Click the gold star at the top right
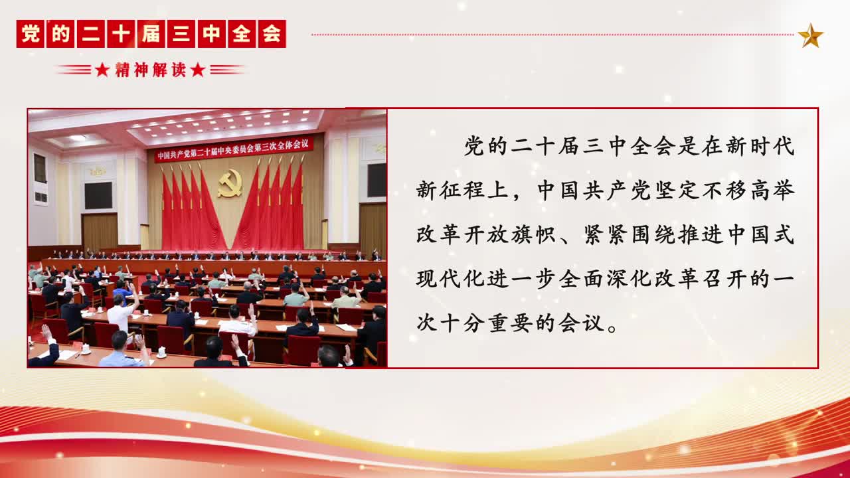pyautogui.click(x=811, y=35)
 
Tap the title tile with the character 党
pyautogui.click(x=30, y=34)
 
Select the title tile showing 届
pyautogui.click(x=151, y=34)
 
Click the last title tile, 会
pyautogui.click(x=272, y=34)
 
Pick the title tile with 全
pyautogui.click(x=242, y=34)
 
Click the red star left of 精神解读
pyautogui.click(x=102, y=70)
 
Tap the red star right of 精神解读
pyautogui.click(x=198, y=70)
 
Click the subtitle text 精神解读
pyautogui.click(x=151, y=70)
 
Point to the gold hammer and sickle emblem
pyautogui.click(x=230, y=183)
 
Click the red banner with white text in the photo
pyautogui.click(x=234, y=149)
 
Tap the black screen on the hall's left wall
pyautogui.click(x=98, y=195)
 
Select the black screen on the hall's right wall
pyautogui.click(x=377, y=180)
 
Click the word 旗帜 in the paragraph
pyautogui.click(x=533, y=234)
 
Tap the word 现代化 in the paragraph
pyautogui.click(x=450, y=279)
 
